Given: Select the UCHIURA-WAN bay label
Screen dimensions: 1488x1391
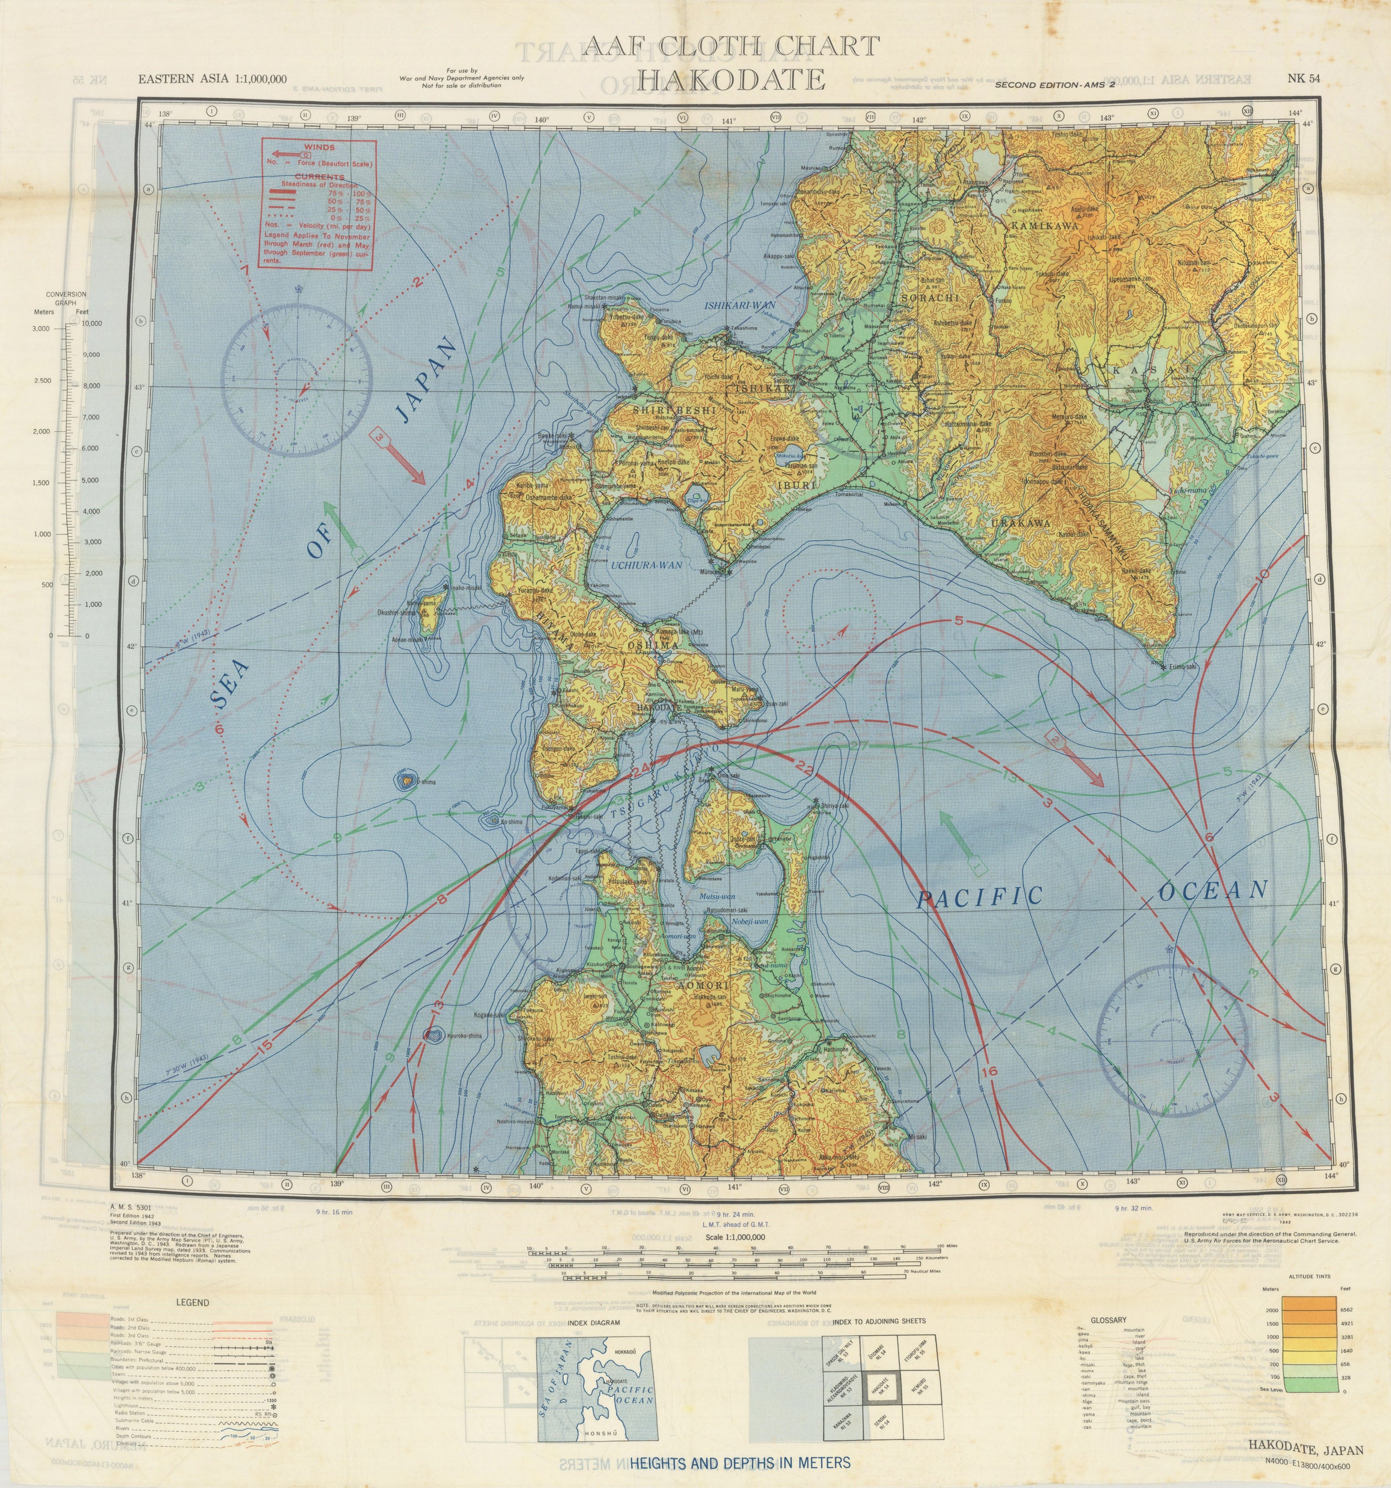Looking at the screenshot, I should (x=647, y=565).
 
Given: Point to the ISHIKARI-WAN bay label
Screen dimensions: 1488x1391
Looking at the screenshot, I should (x=739, y=305).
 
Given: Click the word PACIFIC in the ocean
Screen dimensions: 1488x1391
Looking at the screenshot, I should (x=981, y=897).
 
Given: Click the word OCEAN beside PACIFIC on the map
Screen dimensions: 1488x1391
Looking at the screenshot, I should (x=1213, y=891).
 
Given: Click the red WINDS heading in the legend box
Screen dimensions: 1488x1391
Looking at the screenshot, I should (x=320, y=148).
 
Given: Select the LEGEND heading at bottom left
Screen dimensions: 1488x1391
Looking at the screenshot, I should (x=192, y=1302).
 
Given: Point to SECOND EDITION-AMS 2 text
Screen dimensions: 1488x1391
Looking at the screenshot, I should (x=1055, y=85).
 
